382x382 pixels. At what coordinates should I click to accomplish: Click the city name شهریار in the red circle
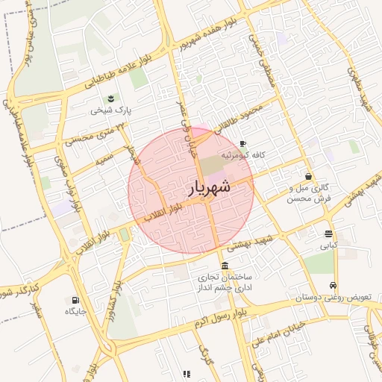(x=205, y=190)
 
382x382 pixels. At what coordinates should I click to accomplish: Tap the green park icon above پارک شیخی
(x=111, y=98)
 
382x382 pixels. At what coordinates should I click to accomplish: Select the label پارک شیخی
(x=110, y=110)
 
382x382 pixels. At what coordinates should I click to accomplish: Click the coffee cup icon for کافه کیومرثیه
(x=242, y=143)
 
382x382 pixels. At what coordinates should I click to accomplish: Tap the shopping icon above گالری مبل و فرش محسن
(x=309, y=177)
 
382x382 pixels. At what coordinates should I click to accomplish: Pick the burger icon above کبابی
(x=329, y=233)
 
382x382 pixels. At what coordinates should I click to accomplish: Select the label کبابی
(x=329, y=245)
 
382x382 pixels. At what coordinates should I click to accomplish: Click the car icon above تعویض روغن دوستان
(x=333, y=286)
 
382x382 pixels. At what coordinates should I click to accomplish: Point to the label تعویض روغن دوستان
(x=322, y=298)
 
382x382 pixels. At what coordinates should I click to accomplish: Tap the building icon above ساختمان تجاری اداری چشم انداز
(x=225, y=266)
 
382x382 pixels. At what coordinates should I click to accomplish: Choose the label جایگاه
(x=77, y=310)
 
